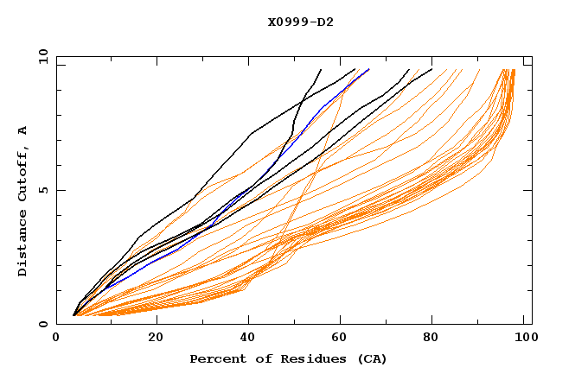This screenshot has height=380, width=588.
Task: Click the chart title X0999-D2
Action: click(x=300, y=22)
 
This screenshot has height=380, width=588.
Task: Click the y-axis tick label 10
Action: click(x=41, y=57)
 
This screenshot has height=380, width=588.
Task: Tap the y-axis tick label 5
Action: click(x=44, y=190)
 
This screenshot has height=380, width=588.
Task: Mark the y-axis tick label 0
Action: click(x=44, y=324)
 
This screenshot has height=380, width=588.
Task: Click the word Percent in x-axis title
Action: click(x=217, y=358)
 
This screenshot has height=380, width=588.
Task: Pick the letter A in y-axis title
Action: click(x=23, y=130)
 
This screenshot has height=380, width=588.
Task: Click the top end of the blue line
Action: click(x=369, y=69)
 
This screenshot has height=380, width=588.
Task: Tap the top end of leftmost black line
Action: click(x=321, y=69)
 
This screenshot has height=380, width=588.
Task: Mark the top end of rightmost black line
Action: click(x=431, y=69)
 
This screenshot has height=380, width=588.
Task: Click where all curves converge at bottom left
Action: click(x=74, y=315)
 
